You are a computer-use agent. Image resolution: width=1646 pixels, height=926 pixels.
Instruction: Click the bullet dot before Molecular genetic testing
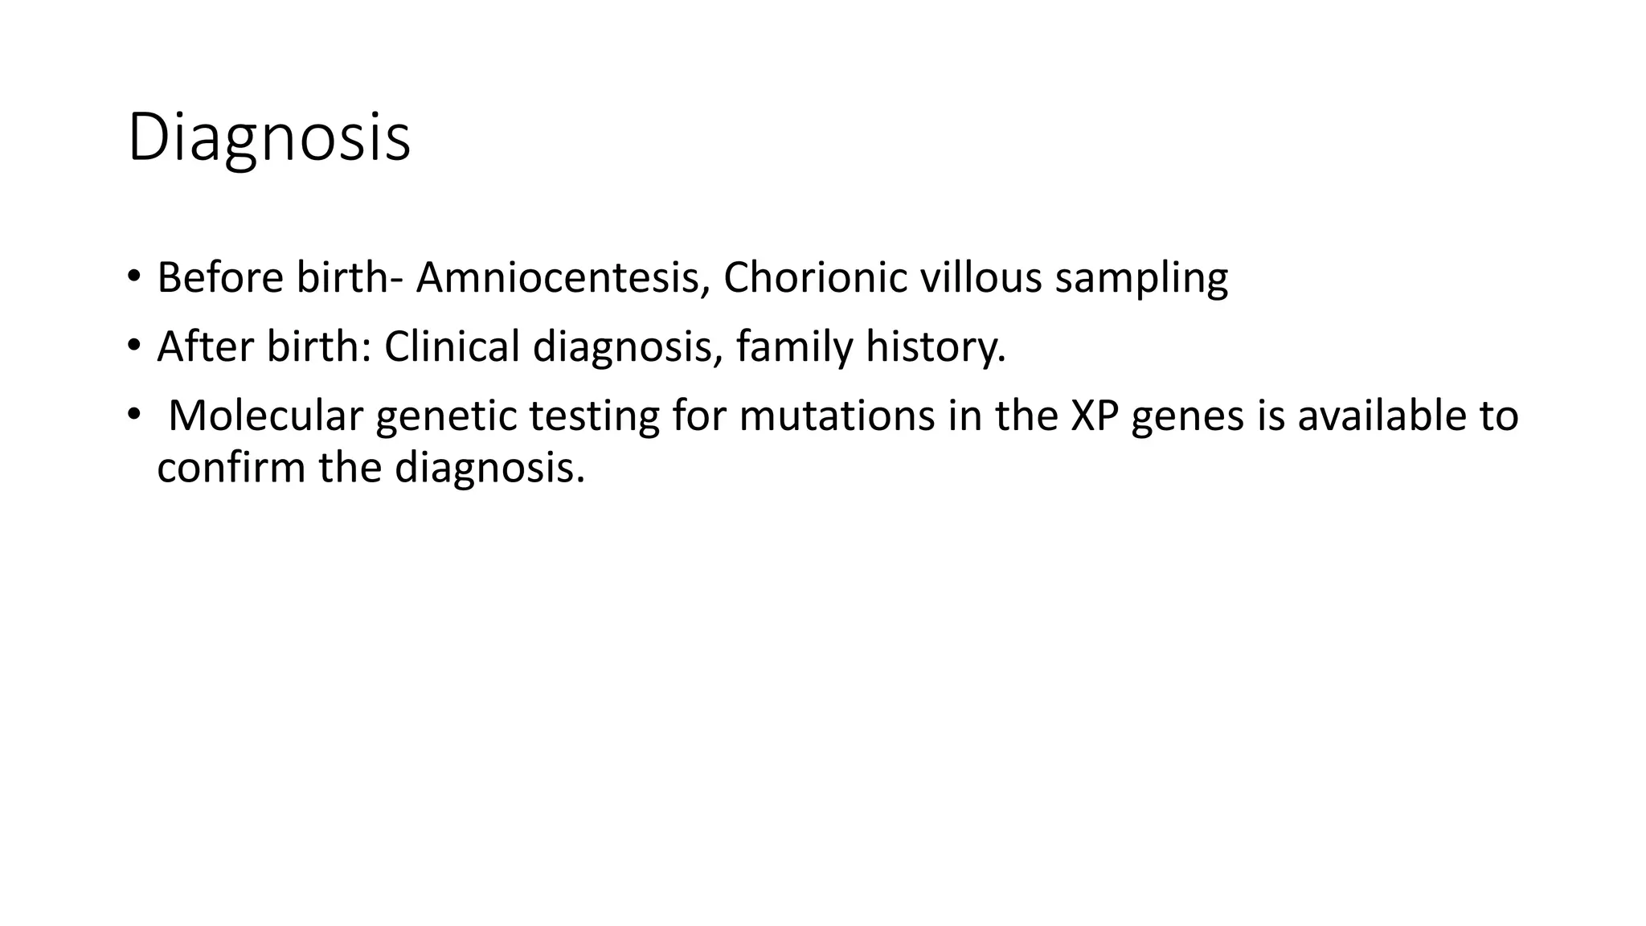pos(133,415)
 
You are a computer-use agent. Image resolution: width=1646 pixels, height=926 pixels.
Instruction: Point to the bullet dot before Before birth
pos(133,277)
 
